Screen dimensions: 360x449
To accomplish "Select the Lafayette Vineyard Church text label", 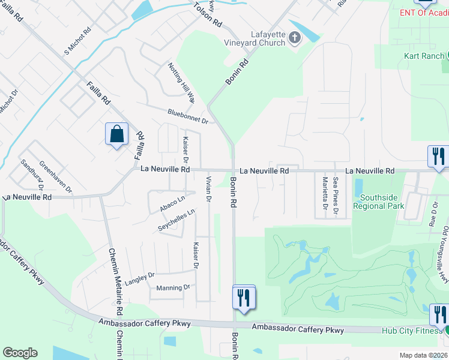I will point(259,39).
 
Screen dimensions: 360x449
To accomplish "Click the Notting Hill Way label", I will point(181,83).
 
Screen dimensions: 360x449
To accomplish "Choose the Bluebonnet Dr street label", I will point(188,116).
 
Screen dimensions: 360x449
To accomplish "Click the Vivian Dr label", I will point(209,189).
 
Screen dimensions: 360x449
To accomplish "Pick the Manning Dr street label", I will point(173,288).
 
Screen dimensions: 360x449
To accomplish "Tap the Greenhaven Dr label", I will point(56,177).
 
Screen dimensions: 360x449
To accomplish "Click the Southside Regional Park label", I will point(378,202).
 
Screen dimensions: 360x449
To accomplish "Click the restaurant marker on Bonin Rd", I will point(244,297).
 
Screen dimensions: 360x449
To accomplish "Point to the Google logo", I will point(20,353).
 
